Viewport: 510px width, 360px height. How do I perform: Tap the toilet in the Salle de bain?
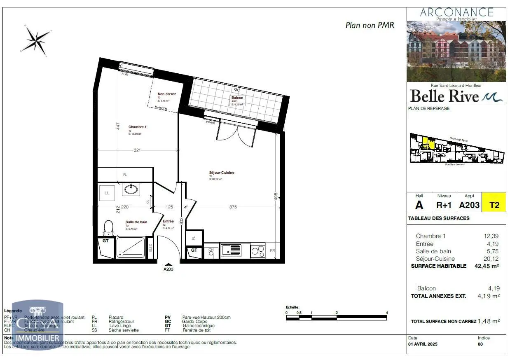[x=108, y=227]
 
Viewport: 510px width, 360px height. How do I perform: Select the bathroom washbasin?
[x=131, y=189]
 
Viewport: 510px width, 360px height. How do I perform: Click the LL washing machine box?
[x=107, y=193]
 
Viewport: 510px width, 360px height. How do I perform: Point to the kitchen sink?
[x=231, y=250]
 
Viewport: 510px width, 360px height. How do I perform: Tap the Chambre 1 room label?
[x=137, y=127]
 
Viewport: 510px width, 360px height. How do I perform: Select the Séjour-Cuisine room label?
[x=222, y=173]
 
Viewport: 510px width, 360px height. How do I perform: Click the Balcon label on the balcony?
[x=237, y=98]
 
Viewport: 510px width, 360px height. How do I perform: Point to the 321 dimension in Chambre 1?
[x=137, y=150]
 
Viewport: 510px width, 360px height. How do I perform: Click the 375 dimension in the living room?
[x=233, y=207]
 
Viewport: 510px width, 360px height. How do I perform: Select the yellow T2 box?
[x=494, y=205]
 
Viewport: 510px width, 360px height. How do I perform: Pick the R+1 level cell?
[x=444, y=205]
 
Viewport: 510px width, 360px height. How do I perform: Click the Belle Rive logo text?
[x=445, y=96]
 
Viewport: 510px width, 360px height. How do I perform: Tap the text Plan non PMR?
[x=370, y=25]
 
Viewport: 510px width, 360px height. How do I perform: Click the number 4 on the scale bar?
[x=387, y=313]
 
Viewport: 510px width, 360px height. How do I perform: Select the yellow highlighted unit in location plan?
[x=427, y=143]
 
